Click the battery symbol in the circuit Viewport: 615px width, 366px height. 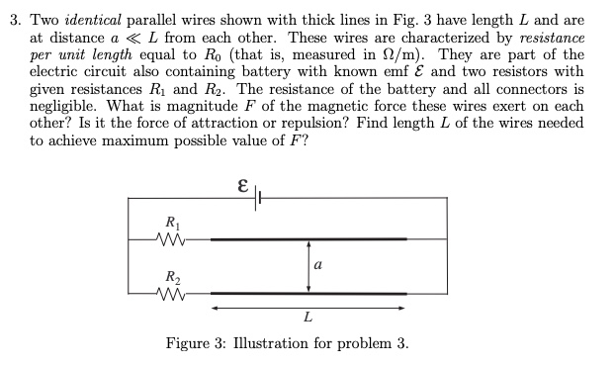259,198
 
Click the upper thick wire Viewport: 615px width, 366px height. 308,238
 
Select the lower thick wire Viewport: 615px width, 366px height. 308,293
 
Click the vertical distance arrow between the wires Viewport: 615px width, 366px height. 309,265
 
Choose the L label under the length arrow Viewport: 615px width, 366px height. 309,319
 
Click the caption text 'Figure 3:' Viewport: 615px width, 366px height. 196,343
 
